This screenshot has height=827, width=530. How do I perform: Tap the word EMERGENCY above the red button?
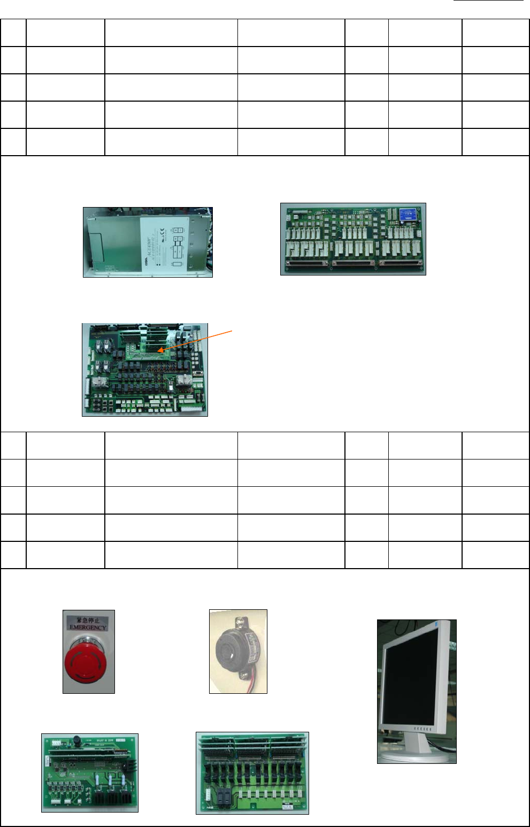(88, 627)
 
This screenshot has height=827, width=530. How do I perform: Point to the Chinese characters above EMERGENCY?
(88, 620)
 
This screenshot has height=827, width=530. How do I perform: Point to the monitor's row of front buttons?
(423, 729)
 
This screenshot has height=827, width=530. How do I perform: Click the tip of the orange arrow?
(159, 351)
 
